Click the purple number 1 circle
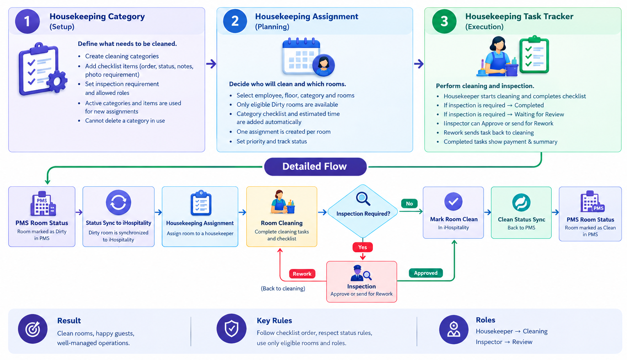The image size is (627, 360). click(x=27, y=21)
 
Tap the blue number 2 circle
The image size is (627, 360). click(x=235, y=21)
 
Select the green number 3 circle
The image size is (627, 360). click(x=444, y=21)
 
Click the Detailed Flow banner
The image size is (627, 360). click(x=315, y=167)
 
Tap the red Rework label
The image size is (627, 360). click(x=302, y=274)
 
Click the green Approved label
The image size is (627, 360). click(x=426, y=273)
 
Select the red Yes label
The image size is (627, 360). click(x=363, y=247)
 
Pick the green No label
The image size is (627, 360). click(x=409, y=204)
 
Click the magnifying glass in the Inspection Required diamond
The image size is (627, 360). click(x=363, y=199)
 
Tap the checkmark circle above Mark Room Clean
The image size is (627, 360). click(x=453, y=202)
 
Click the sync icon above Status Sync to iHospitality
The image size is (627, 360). click(x=118, y=202)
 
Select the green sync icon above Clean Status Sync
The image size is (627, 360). click(x=521, y=202)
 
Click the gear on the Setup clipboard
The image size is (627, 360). click(x=57, y=82)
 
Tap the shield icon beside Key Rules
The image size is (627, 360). click(x=232, y=329)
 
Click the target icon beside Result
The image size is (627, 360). click(x=33, y=329)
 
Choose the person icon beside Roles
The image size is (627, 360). click(x=454, y=330)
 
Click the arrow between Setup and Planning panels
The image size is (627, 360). click(x=211, y=64)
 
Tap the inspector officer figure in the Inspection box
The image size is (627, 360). click(x=357, y=273)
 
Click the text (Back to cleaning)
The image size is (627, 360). click(x=283, y=288)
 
